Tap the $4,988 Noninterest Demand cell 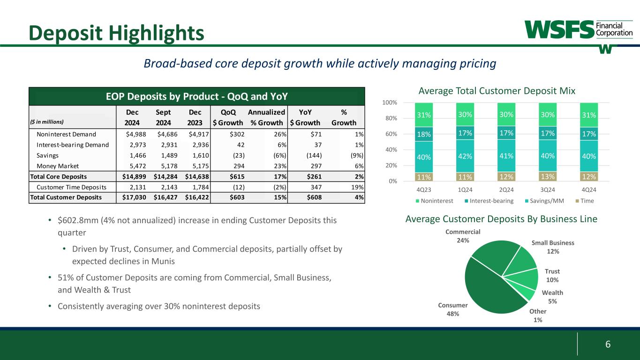pyautogui.click(x=132, y=135)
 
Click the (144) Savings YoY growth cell pyautogui.click(x=310, y=156)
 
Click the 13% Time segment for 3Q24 pyautogui.click(x=548, y=176)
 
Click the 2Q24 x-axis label pyautogui.click(x=506, y=190)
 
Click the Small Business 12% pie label pyautogui.click(x=553, y=247)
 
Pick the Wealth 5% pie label pyautogui.click(x=552, y=297)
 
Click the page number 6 pyautogui.click(x=608, y=344)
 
